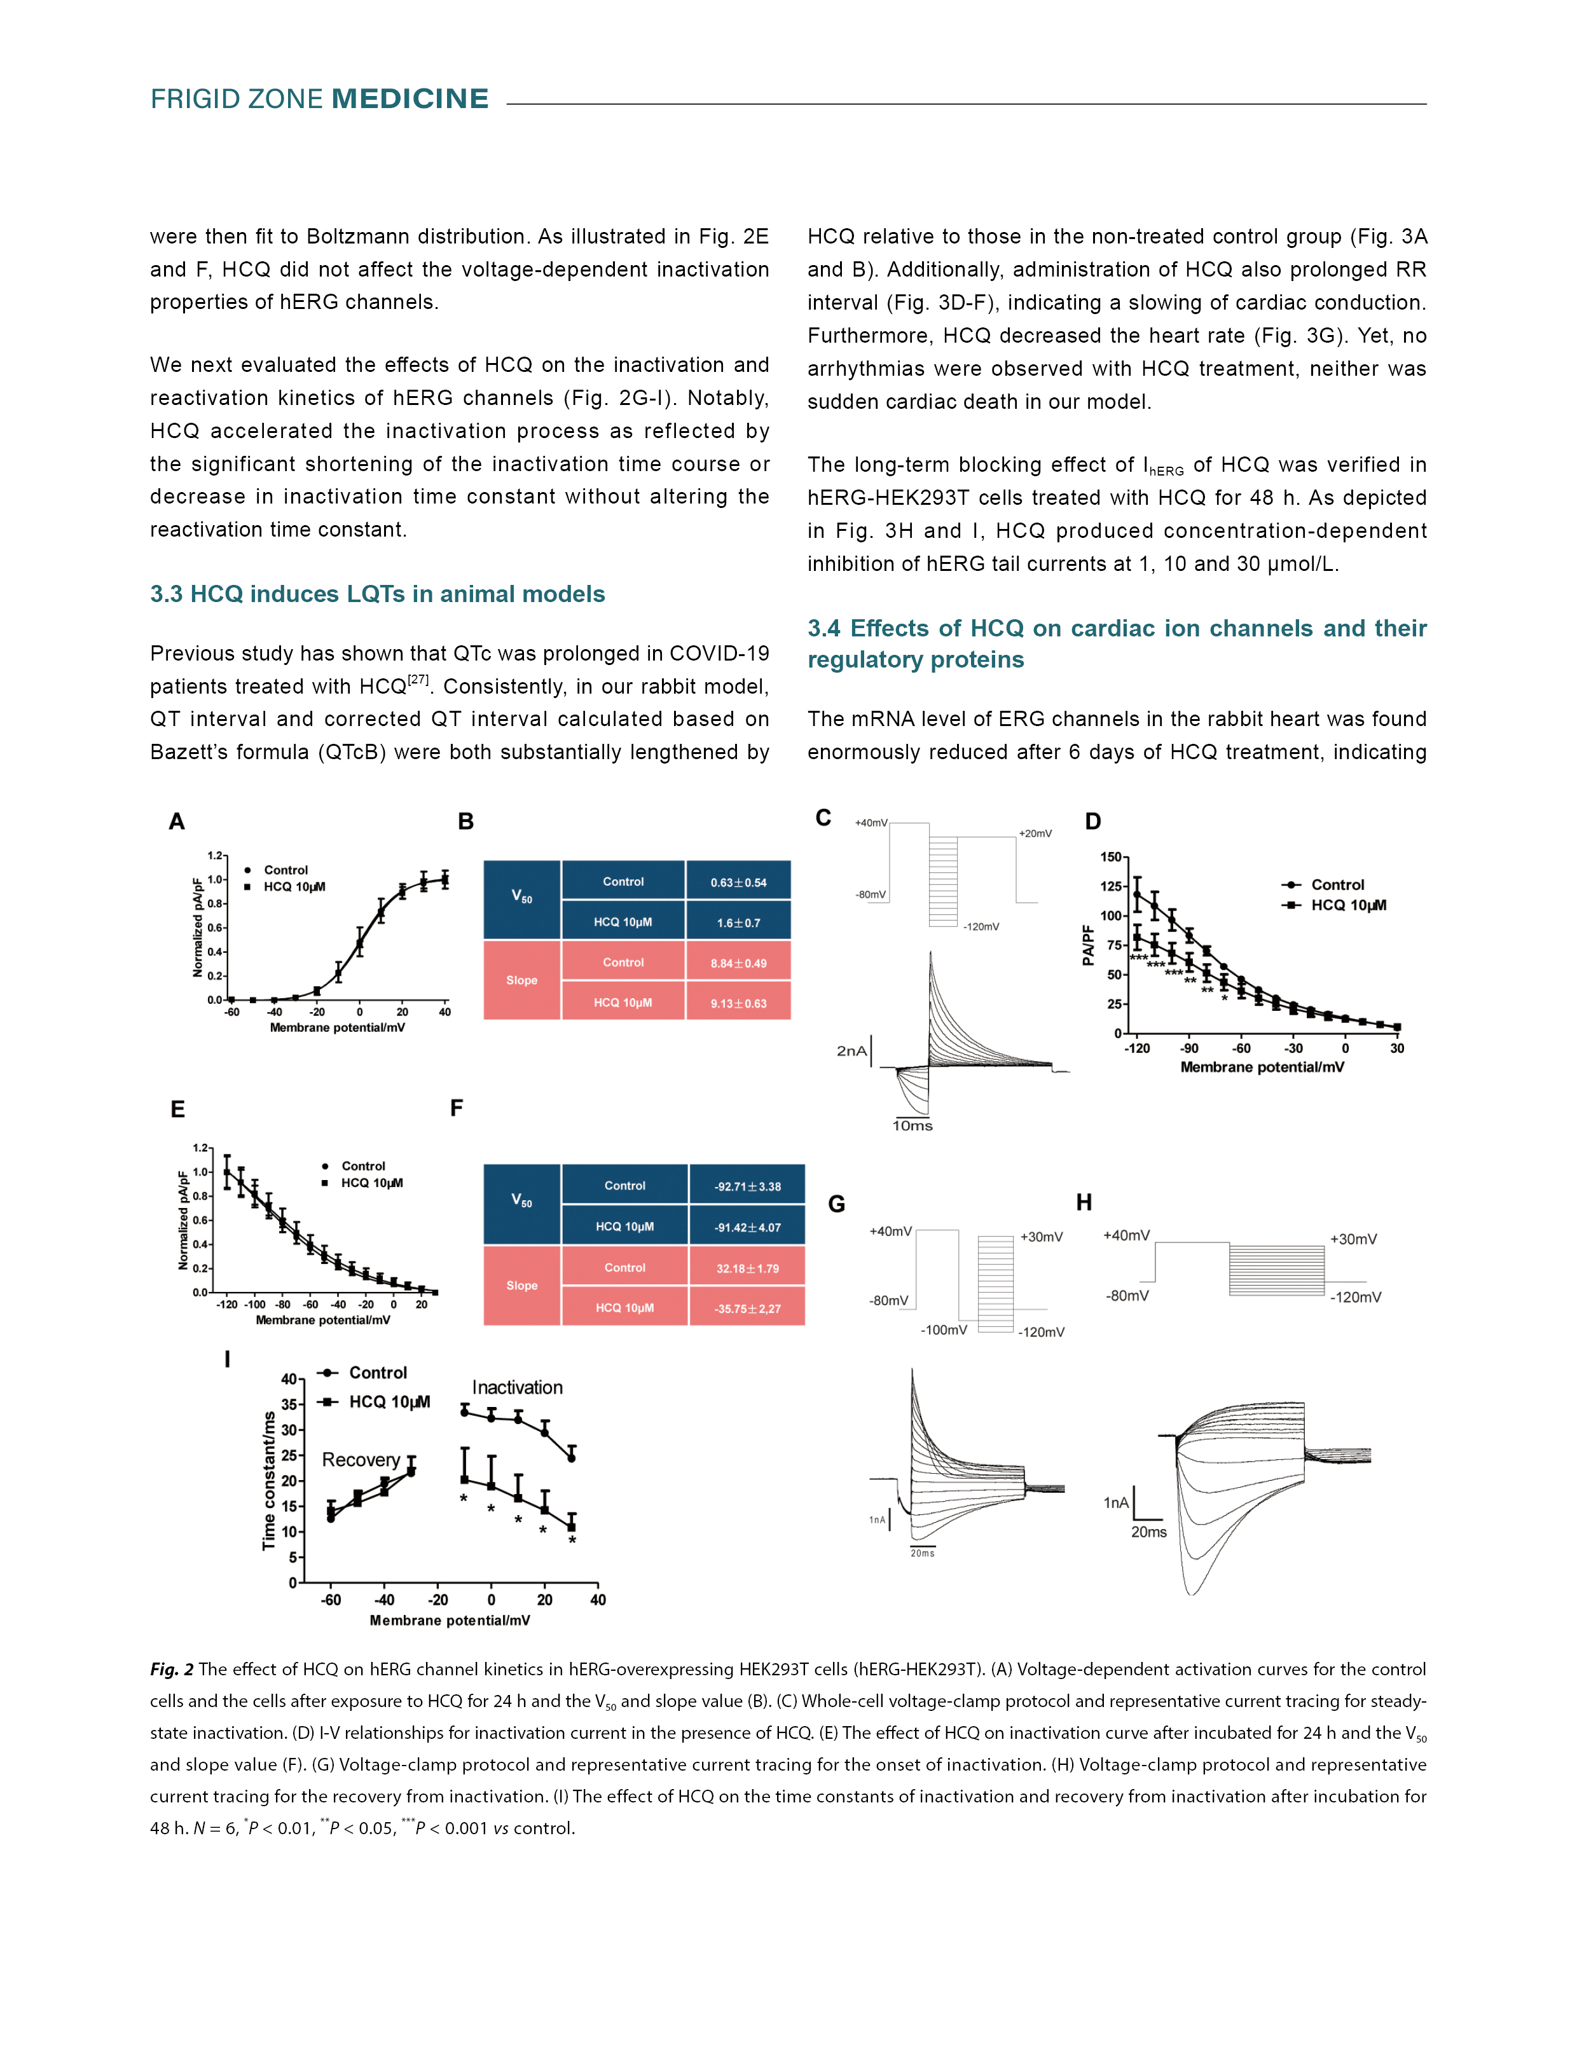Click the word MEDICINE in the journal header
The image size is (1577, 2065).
[x=410, y=99]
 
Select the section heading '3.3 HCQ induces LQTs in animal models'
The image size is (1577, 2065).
[x=377, y=594]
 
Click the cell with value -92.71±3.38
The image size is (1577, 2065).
[x=747, y=1186]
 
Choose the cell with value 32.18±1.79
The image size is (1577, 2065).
[x=747, y=1268]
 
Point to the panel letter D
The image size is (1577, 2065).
[x=1092, y=821]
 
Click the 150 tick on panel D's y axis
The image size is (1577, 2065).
[x=1110, y=857]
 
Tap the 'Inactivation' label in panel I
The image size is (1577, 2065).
[x=517, y=1387]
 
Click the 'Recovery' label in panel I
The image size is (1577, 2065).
[x=361, y=1460]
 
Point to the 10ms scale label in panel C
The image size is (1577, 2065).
[x=912, y=1125]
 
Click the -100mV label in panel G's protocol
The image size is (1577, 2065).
[x=944, y=1330]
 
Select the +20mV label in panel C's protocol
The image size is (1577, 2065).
[x=1035, y=834]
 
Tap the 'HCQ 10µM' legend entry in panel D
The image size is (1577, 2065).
[x=1348, y=905]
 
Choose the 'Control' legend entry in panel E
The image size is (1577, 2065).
[x=363, y=1166]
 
